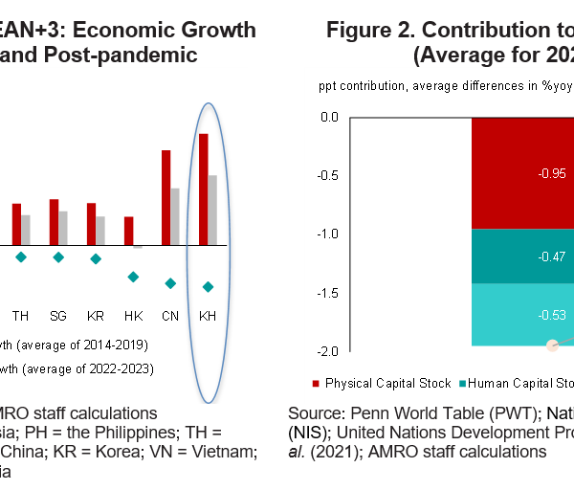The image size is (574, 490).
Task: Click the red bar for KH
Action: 203,189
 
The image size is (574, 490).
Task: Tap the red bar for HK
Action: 128,231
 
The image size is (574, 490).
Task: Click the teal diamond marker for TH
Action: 21,256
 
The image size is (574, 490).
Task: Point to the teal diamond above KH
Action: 208,287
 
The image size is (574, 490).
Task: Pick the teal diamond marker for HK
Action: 133,277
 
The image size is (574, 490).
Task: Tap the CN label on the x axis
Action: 170,315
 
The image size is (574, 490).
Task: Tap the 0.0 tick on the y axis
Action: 329,118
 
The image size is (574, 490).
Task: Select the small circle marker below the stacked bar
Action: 552,345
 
